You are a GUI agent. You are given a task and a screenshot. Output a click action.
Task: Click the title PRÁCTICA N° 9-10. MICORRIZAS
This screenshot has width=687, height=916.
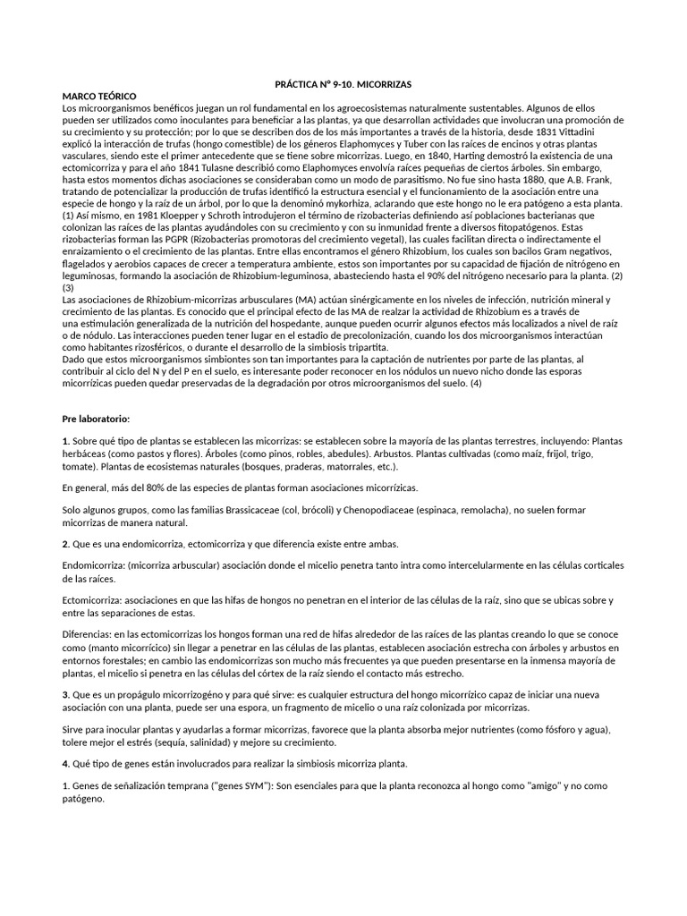pos(343,82)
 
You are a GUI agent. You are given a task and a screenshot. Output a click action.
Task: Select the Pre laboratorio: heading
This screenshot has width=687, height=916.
pos(96,418)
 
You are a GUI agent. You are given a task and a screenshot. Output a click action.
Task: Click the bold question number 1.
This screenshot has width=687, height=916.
pos(65,442)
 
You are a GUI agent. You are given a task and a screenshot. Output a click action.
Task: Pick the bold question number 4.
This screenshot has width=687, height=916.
pos(65,763)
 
